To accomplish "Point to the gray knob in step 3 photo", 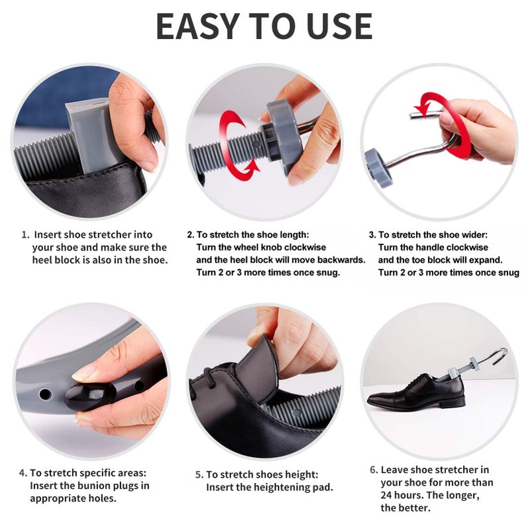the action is (x=378, y=168).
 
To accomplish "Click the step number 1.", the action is (x=25, y=235).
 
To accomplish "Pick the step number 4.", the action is (x=23, y=473).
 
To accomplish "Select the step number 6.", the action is (x=374, y=470).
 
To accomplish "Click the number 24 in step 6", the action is (x=386, y=495).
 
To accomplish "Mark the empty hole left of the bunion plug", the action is (x=45, y=394).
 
